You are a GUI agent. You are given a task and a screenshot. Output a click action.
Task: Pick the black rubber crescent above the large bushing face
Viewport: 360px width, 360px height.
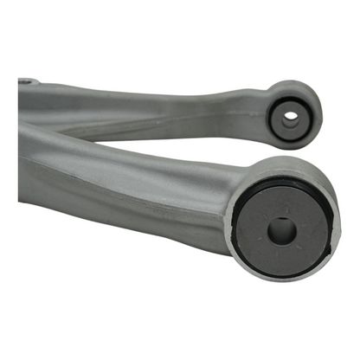pyautogui.click(x=286, y=184)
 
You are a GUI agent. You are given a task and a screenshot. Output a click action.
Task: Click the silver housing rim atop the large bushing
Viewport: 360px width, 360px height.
pyautogui.click(x=286, y=166)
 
